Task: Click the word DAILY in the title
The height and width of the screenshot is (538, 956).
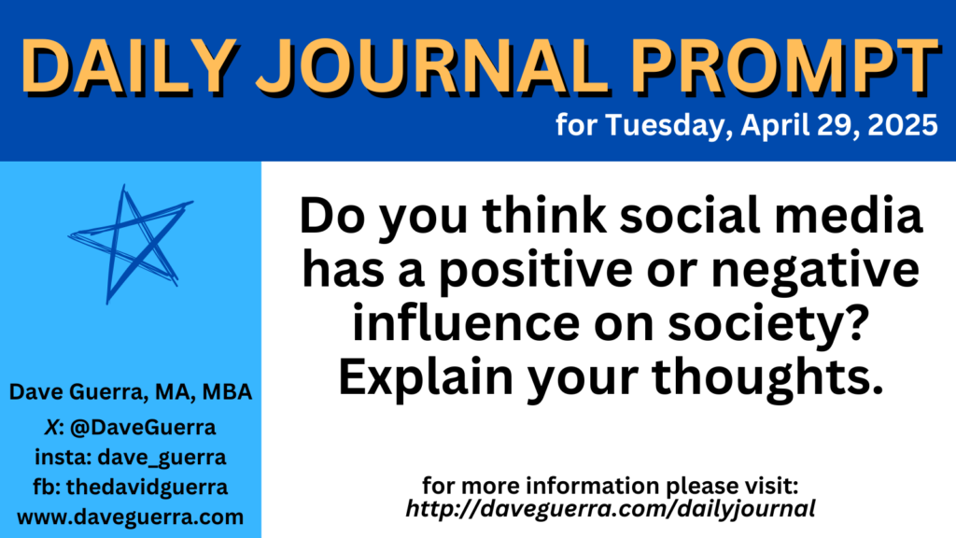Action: click(x=129, y=66)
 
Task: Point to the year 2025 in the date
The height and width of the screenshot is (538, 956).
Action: click(x=903, y=125)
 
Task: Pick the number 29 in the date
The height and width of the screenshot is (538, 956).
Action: click(x=836, y=125)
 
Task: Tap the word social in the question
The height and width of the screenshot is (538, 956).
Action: click(x=690, y=216)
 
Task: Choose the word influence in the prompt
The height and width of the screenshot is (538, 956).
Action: click(x=467, y=322)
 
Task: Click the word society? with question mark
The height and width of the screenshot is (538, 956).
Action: click(x=768, y=324)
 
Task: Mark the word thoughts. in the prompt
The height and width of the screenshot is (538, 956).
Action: click(x=767, y=378)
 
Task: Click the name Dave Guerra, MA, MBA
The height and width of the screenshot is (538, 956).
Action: click(x=131, y=392)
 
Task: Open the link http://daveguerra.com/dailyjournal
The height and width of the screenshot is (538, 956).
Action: click(x=611, y=509)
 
